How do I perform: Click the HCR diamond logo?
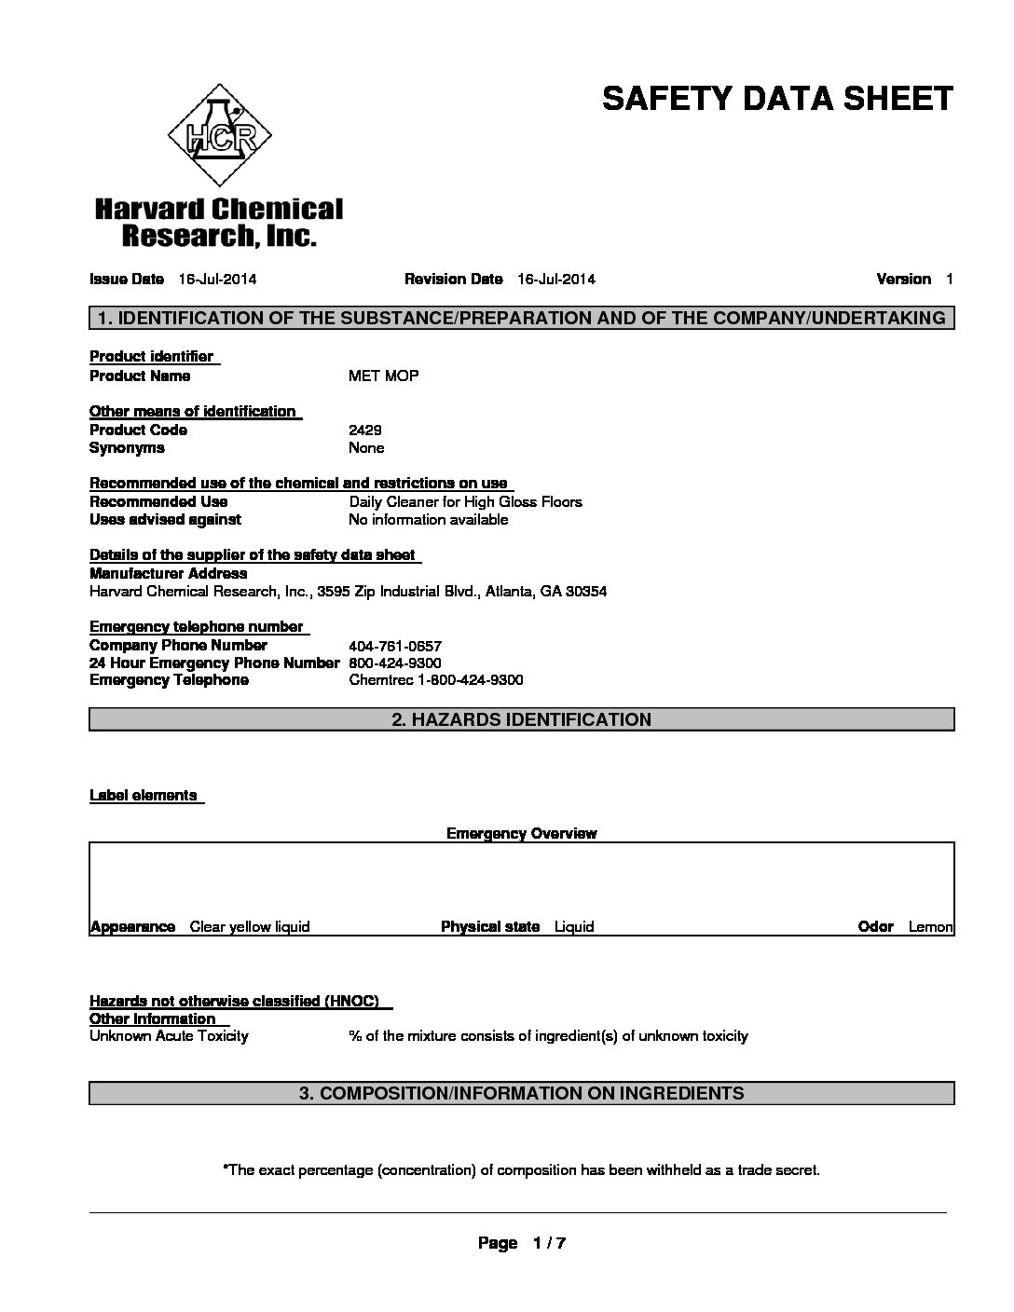pos(219,138)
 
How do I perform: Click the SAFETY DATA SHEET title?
pos(777,99)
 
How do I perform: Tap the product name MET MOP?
pos(383,376)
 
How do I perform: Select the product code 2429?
pos(364,430)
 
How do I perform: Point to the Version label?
pos(903,279)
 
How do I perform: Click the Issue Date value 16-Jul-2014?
pos(217,279)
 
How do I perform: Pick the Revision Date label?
pos(454,279)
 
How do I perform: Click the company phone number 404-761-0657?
pos(394,646)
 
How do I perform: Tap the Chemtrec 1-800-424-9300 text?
pos(435,680)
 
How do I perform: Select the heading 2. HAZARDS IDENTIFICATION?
pos(521,719)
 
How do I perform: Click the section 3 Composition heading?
pos(521,1093)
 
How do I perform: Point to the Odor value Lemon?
pos(930,926)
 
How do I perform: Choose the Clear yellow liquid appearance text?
pos(249,926)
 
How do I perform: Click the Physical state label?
pos(490,926)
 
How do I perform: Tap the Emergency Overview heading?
pos(521,833)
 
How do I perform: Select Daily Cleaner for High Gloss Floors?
pos(465,501)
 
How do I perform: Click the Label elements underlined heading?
pos(144,795)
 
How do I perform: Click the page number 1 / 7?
pos(549,1243)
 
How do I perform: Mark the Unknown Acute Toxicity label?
pos(169,1035)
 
